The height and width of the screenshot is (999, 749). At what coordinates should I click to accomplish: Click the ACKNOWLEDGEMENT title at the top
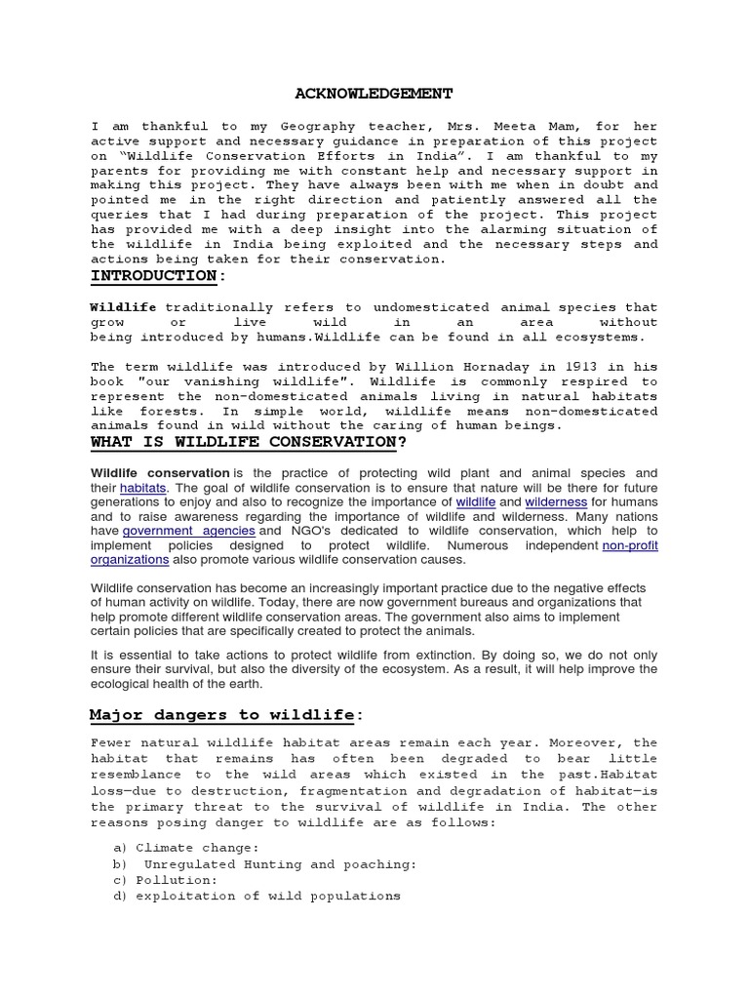(x=374, y=94)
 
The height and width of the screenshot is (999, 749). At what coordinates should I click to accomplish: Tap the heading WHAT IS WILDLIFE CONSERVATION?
(x=248, y=442)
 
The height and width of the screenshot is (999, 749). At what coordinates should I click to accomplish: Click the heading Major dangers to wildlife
(x=223, y=715)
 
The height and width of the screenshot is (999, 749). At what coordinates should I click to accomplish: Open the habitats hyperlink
(x=143, y=487)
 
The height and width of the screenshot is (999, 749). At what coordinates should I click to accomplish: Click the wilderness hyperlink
(x=556, y=501)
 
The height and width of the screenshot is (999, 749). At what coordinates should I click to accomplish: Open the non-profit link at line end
(x=630, y=545)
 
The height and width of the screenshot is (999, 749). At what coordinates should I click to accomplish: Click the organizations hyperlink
(x=130, y=560)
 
